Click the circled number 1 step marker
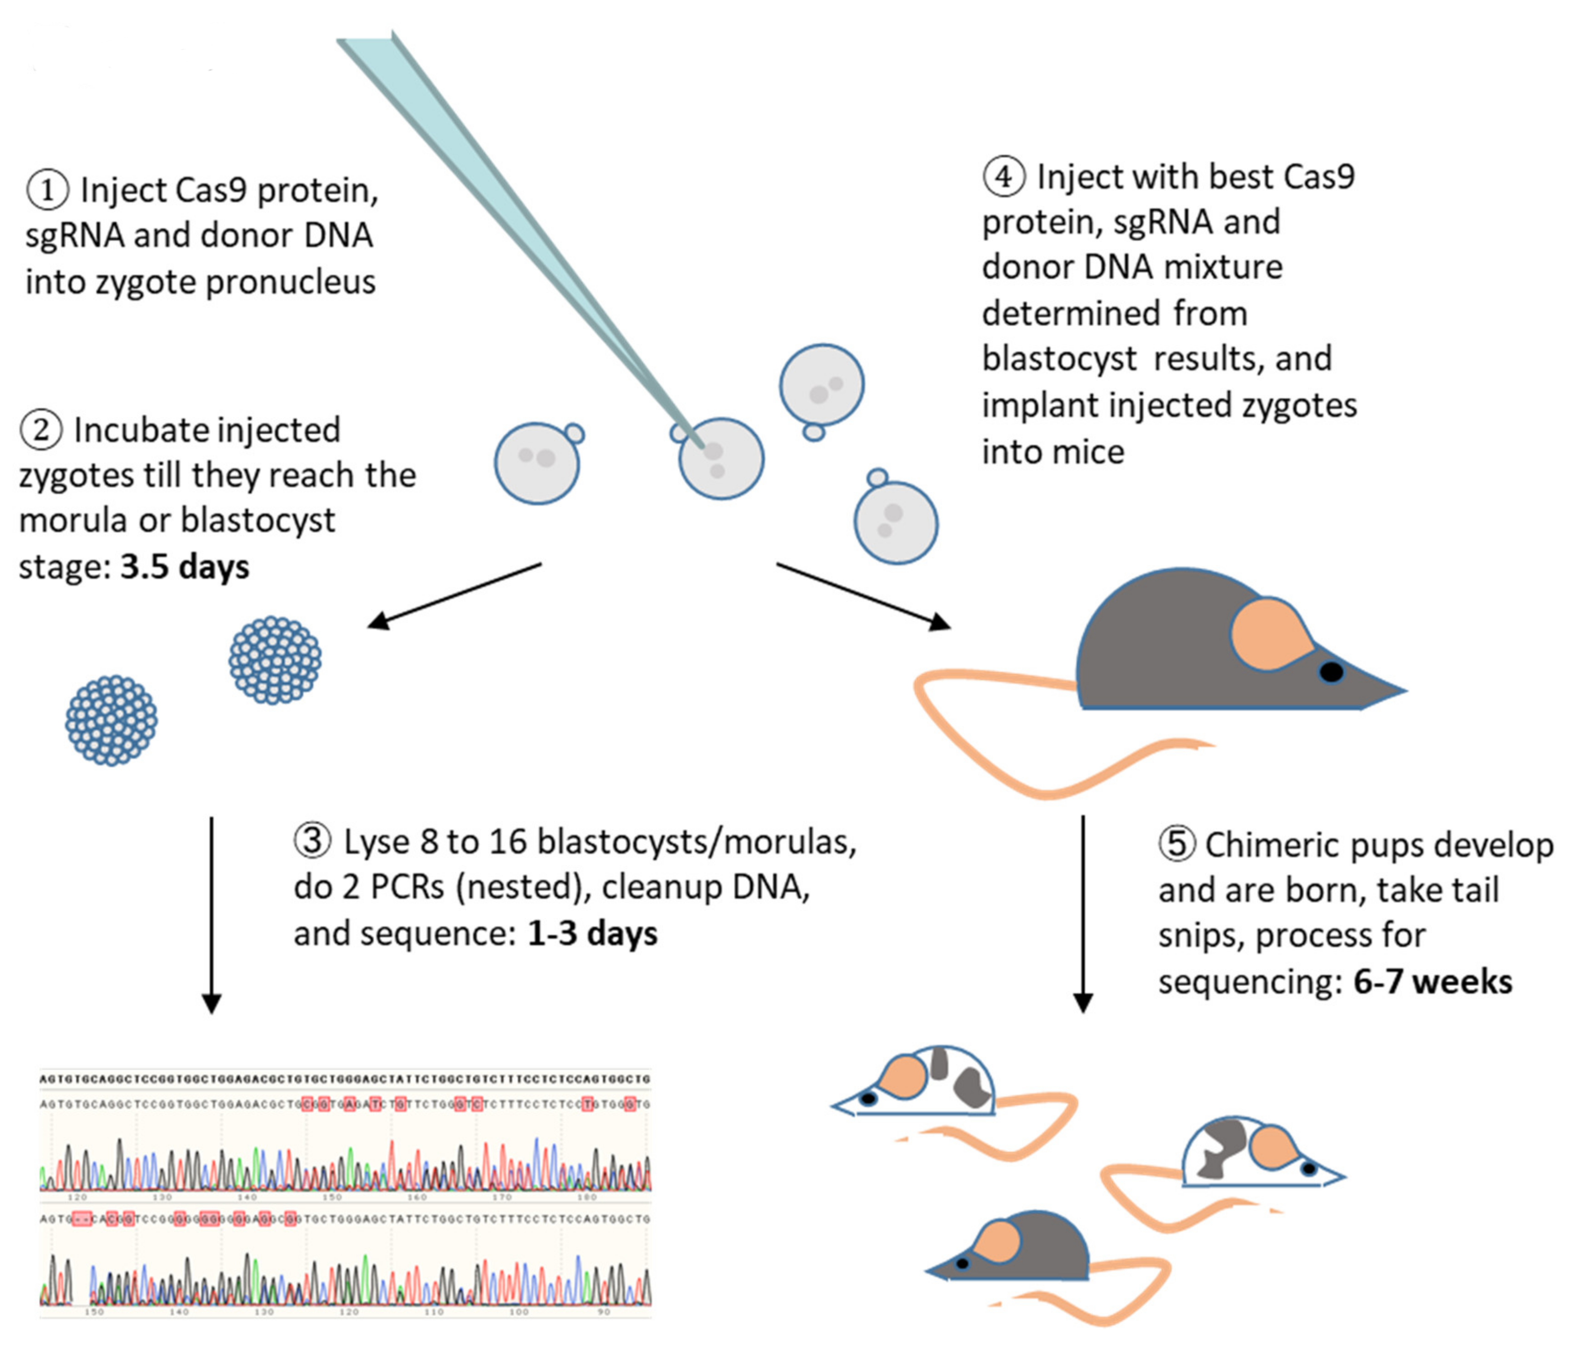[47, 191]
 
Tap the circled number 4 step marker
[1003, 177]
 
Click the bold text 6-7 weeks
[1433, 981]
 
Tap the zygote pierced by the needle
[721, 459]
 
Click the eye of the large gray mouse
[1331, 671]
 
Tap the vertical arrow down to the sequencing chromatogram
[211, 914]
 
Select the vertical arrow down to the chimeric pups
[1083, 914]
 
